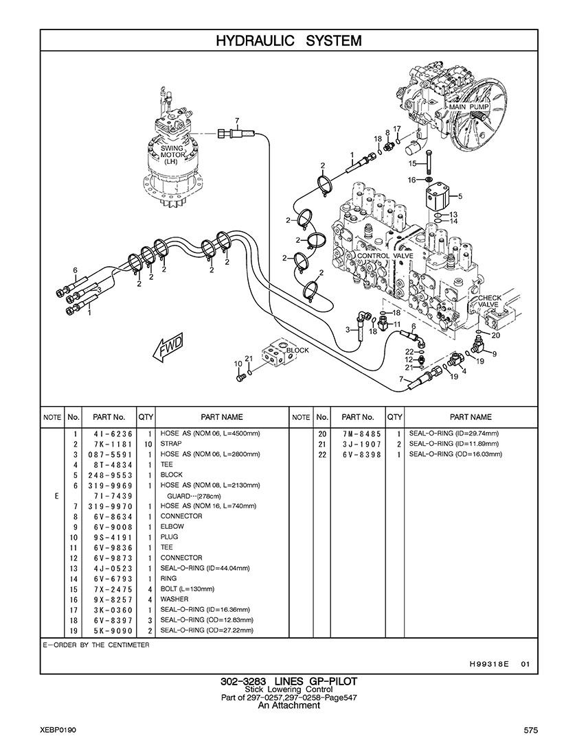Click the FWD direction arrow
click(168, 349)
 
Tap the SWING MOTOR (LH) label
click(171, 155)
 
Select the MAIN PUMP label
click(469, 107)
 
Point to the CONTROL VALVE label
click(385, 256)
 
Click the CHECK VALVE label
click(489, 301)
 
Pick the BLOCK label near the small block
click(297, 350)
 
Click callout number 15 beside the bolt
click(413, 164)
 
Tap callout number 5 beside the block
click(460, 195)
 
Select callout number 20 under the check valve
click(496, 335)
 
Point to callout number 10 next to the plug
click(238, 364)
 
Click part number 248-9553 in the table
click(110, 475)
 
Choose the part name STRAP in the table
click(171, 444)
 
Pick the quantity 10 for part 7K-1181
click(148, 444)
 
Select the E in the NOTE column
click(56, 496)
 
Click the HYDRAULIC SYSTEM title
click(288, 40)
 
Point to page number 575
click(531, 730)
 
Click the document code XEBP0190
click(58, 730)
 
